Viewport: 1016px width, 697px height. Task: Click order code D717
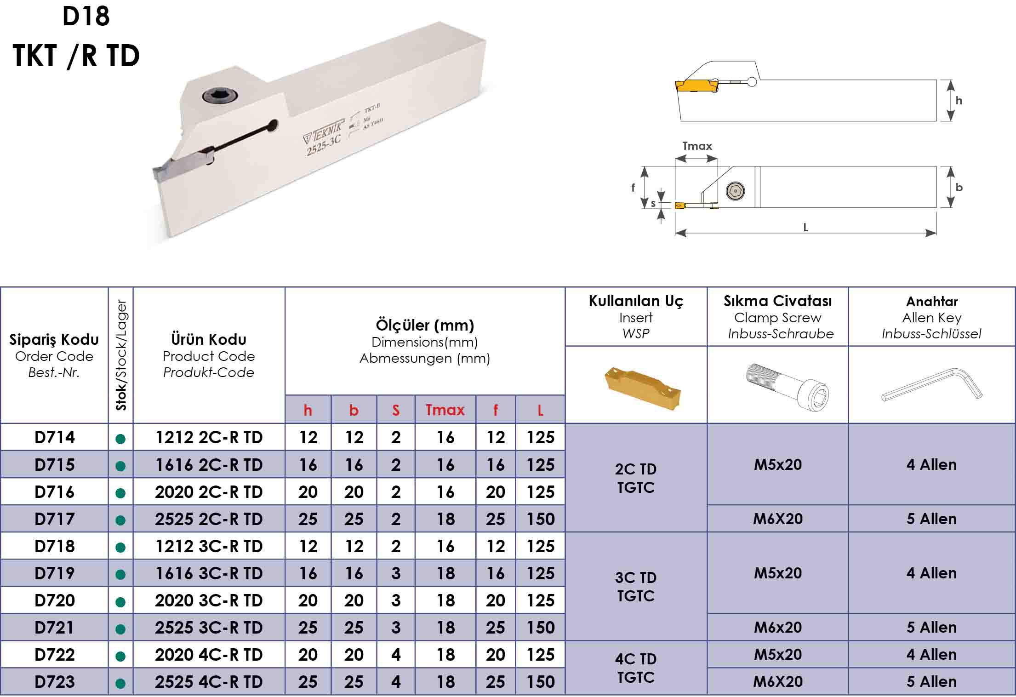click(x=54, y=519)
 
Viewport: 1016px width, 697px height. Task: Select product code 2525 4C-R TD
click(x=209, y=682)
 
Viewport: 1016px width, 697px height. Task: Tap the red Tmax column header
click(x=445, y=410)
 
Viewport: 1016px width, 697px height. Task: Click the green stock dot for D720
click(x=121, y=602)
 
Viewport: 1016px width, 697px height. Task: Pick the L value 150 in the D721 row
click(x=541, y=628)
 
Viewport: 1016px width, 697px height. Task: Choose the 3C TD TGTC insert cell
click(x=636, y=587)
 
